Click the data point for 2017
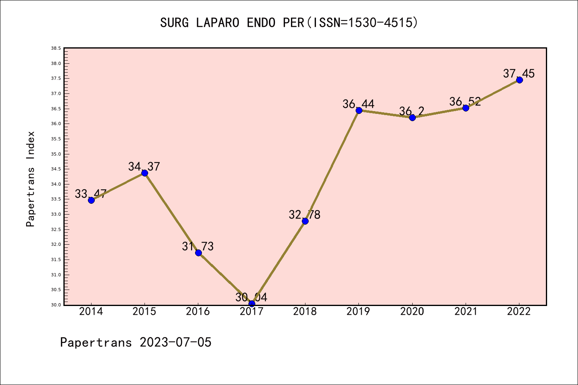[x=252, y=304]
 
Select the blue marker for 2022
[x=519, y=80]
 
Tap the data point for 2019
[x=359, y=110]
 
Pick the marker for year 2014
[x=91, y=200]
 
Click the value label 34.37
[x=144, y=166]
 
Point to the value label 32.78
[x=305, y=215]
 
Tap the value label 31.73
[x=198, y=246]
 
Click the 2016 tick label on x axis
[x=198, y=312]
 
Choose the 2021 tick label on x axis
[x=466, y=312]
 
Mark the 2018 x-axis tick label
[x=305, y=312]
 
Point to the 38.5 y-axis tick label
[x=56, y=49]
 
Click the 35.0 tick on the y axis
[x=56, y=154]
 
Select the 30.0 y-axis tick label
[x=56, y=305]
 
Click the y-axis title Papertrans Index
[x=31, y=179]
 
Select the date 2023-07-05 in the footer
[x=175, y=342]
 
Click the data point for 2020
[x=412, y=118]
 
